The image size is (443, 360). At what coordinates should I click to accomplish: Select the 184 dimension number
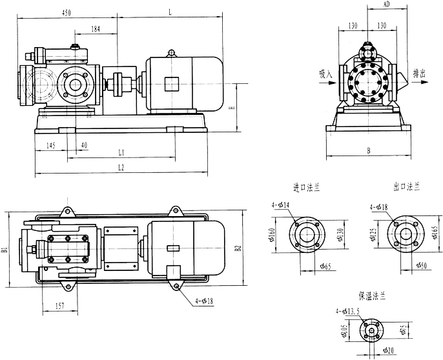[x=96, y=29]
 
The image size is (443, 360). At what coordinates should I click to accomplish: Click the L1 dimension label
[x=121, y=152]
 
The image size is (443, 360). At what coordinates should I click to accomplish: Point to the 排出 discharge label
[x=422, y=75]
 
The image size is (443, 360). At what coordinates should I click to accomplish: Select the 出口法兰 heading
[x=406, y=187]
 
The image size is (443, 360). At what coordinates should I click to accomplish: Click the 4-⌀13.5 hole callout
[x=347, y=312]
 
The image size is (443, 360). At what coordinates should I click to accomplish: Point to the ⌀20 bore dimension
[x=387, y=351]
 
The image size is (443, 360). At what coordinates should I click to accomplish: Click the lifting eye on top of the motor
[x=171, y=52]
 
